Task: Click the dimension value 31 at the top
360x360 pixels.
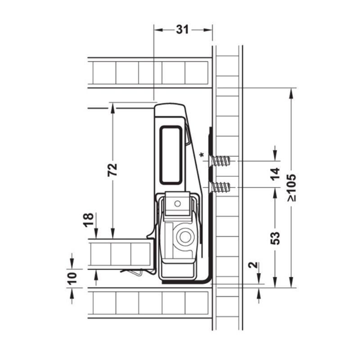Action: coord(183,30)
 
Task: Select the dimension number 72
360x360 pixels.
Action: coord(112,170)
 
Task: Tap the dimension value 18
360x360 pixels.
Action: coord(89,220)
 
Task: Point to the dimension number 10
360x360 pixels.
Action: coord(72,278)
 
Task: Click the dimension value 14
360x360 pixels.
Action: coord(275,174)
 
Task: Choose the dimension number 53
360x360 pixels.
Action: coord(275,238)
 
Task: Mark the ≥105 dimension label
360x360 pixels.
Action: coord(292,188)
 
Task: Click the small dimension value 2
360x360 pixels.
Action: coord(253,265)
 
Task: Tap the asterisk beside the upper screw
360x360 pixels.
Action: coord(202,155)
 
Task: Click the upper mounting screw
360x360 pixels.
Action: coord(219,161)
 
